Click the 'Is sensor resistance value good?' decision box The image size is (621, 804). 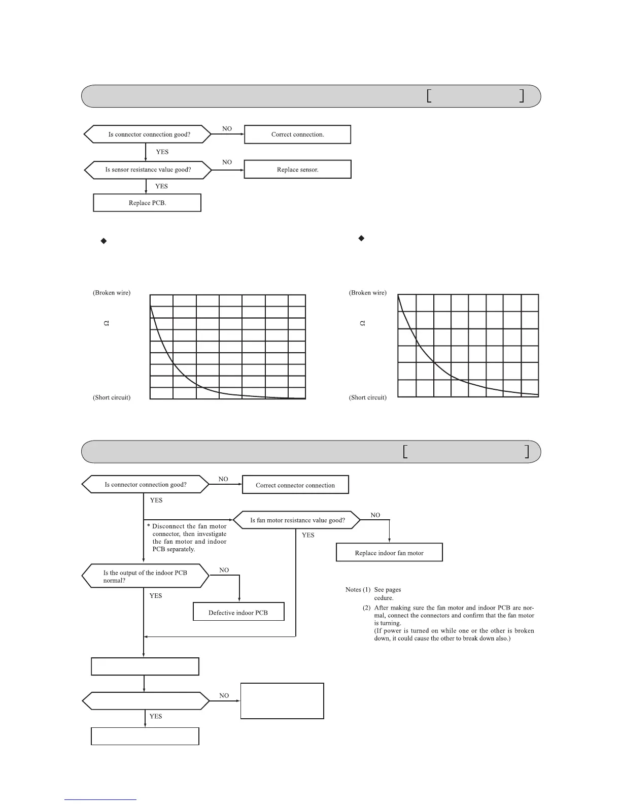click(148, 170)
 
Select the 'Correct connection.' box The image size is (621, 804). click(297, 135)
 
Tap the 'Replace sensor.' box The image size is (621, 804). click(297, 170)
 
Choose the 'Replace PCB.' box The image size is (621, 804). click(147, 203)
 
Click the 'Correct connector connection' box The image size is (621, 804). click(295, 485)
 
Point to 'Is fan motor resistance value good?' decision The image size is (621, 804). click(297, 520)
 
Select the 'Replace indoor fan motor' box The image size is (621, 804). click(389, 553)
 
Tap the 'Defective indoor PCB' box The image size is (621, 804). click(238, 612)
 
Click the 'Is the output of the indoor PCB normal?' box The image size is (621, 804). click(146, 577)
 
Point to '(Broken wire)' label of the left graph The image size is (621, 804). click(112, 293)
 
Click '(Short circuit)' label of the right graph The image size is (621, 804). click(368, 397)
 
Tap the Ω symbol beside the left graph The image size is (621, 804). click(107, 323)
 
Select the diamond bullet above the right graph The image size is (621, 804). click(361, 238)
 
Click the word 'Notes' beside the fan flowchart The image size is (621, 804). click(353, 590)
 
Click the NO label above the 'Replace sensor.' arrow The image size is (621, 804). click(227, 162)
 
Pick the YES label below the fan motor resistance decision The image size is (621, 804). click(308, 535)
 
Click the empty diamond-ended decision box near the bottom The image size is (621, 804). click(146, 701)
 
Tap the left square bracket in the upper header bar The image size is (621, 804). click(429, 96)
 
